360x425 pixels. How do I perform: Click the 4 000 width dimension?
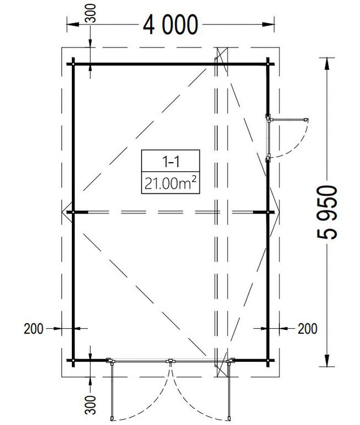(170, 25)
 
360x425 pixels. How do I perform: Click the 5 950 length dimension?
(327, 212)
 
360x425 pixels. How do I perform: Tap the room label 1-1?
(171, 162)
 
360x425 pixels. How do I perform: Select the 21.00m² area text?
(170, 183)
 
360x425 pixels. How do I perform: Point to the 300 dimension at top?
(92, 13)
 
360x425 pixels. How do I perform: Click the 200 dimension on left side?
(34, 329)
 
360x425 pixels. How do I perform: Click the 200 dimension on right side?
(307, 329)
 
